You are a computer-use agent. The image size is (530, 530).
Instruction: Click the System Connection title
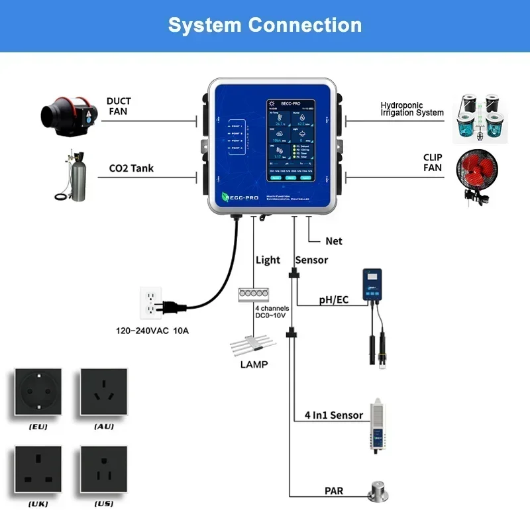pyautogui.click(x=265, y=25)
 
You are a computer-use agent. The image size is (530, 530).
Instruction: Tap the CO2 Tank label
pyautogui.click(x=131, y=168)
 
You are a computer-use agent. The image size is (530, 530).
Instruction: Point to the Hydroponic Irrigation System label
pyautogui.click(x=411, y=109)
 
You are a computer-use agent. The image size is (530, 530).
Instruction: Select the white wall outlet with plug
pyautogui.click(x=152, y=303)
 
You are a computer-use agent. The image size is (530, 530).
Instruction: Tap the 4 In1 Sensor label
pyautogui.click(x=333, y=415)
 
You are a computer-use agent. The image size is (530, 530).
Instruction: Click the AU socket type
pyautogui.click(x=103, y=394)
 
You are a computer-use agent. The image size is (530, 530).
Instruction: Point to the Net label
pyautogui.click(x=334, y=241)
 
